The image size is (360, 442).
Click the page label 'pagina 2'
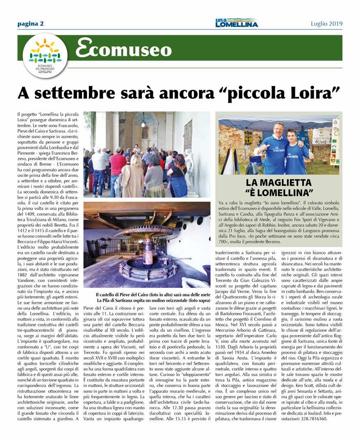tap(30, 23)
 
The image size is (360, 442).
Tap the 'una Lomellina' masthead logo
tap(236, 23)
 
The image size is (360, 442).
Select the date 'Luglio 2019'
tap(326, 23)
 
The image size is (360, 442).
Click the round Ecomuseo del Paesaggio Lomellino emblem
tap(45, 55)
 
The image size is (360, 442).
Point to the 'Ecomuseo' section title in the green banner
tap(123, 49)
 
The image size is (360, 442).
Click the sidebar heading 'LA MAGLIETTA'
tap(278, 182)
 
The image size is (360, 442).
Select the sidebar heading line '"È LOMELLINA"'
tap(278, 192)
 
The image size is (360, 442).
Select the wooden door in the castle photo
tap(188, 135)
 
